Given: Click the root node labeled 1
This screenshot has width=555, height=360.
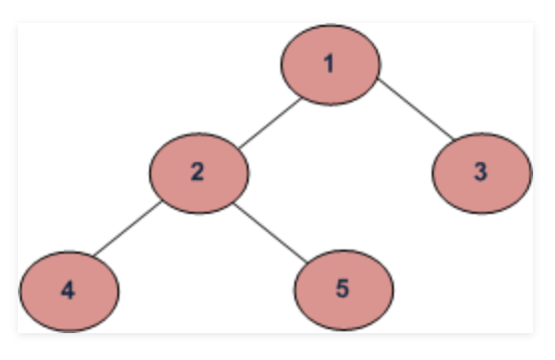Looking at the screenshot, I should pyautogui.click(x=330, y=64).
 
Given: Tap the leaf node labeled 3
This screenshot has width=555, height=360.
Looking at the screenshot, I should pyautogui.click(x=481, y=172).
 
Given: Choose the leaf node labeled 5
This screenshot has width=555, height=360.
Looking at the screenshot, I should pyautogui.click(x=343, y=289).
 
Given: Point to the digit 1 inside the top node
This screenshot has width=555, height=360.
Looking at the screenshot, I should pyautogui.click(x=329, y=65).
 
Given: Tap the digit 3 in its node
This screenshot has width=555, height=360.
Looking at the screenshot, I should pyautogui.click(x=480, y=172).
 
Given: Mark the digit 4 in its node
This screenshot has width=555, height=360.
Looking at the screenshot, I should pyautogui.click(x=68, y=290).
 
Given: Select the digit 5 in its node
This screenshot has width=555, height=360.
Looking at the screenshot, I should pyautogui.click(x=342, y=290).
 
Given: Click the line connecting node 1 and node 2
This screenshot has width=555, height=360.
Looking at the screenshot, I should pyautogui.click(x=268, y=120).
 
